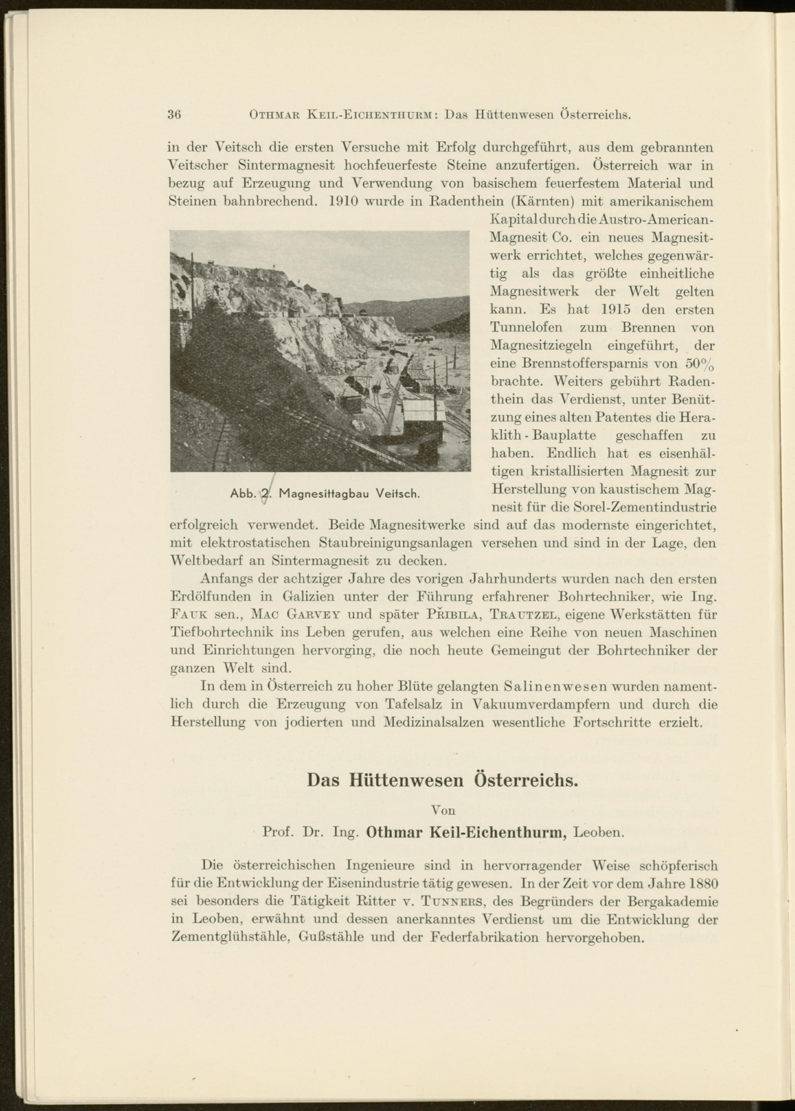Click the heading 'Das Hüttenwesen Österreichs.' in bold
[x=442, y=779]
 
